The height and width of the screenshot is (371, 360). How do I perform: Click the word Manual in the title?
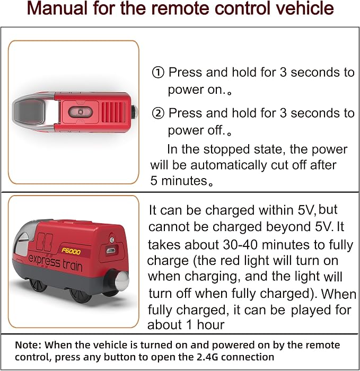tap(57, 8)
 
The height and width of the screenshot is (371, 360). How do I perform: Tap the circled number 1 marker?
tap(158, 73)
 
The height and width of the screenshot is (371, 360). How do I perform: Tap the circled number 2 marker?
tap(158, 113)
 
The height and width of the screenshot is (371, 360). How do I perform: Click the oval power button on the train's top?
tap(80, 112)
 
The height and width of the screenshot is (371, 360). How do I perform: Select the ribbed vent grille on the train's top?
tap(113, 112)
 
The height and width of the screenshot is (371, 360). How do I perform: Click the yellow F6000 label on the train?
tap(71, 251)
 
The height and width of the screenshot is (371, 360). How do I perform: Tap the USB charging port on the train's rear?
tap(110, 250)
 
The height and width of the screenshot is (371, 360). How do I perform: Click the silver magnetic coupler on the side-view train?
tap(122, 279)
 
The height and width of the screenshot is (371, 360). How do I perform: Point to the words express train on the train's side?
tap(55, 263)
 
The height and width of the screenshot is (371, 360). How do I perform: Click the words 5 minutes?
tap(179, 181)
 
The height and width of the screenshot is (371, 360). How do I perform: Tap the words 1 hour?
tap(205, 324)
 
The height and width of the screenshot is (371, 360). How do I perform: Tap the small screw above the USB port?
tap(112, 240)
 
